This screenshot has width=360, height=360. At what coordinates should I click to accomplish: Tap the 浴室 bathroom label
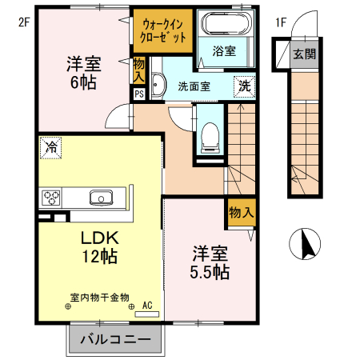coord(224,51)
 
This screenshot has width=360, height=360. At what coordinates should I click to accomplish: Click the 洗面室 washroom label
coord(194,86)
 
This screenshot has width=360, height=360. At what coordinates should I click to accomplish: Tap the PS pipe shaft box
coord(139,94)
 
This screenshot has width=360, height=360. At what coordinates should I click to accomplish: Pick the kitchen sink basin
coord(102,198)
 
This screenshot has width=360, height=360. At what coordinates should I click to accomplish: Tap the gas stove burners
coord(53,198)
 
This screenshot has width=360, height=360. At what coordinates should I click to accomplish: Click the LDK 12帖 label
coord(100,247)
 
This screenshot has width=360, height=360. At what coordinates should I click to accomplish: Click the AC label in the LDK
coord(147,305)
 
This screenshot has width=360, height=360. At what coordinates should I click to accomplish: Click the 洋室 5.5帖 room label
coord(210,263)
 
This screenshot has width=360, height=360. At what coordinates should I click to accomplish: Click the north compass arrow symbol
coord(306,243)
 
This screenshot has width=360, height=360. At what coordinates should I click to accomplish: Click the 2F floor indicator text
coord(24,22)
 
